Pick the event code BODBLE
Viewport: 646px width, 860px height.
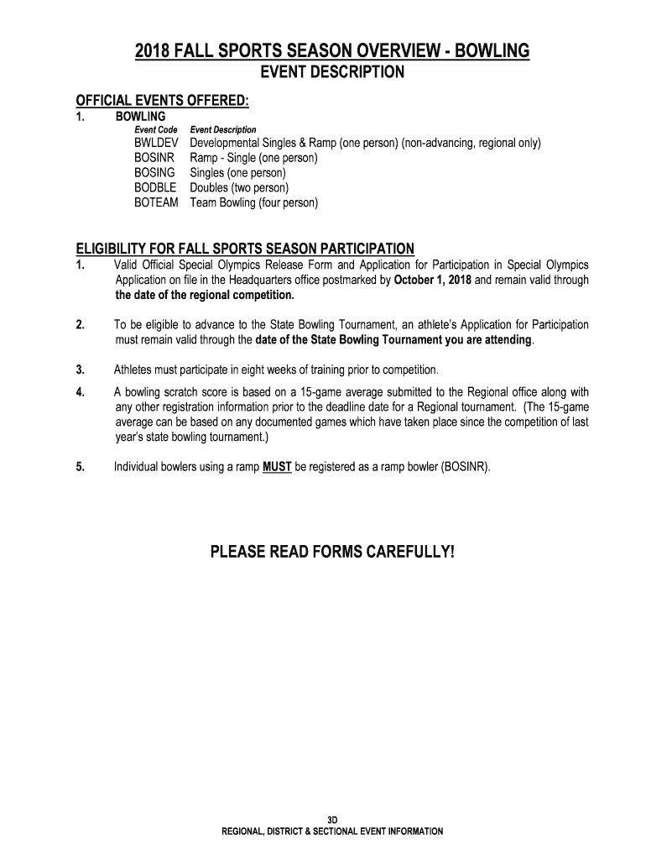pyautogui.click(x=155, y=188)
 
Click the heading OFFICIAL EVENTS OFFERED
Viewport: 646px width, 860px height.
pyautogui.click(x=164, y=102)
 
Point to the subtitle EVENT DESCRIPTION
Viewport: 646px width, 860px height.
pyautogui.click(x=332, y=72)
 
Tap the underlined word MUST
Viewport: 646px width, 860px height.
pyautogui.click(x=277, y=468)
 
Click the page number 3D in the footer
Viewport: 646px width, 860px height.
pyautogui.click(x=332, y=819)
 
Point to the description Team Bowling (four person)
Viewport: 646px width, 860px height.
pyautogui.click(x=254, y=203)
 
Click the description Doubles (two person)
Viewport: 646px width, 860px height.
pyautogui.click(x=239, y=188)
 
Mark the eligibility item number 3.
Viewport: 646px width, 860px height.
pyautogui.click(x=80, y=370)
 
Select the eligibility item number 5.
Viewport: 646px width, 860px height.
pyautogui.click(x=80, y=468)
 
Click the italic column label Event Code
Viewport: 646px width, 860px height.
pyautogui.click(x=156, y=130)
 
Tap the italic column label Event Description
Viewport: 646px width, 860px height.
pyautogui.click(x=223, y=130)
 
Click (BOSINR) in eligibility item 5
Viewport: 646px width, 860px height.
pyautogui.click(x=464, y=468)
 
